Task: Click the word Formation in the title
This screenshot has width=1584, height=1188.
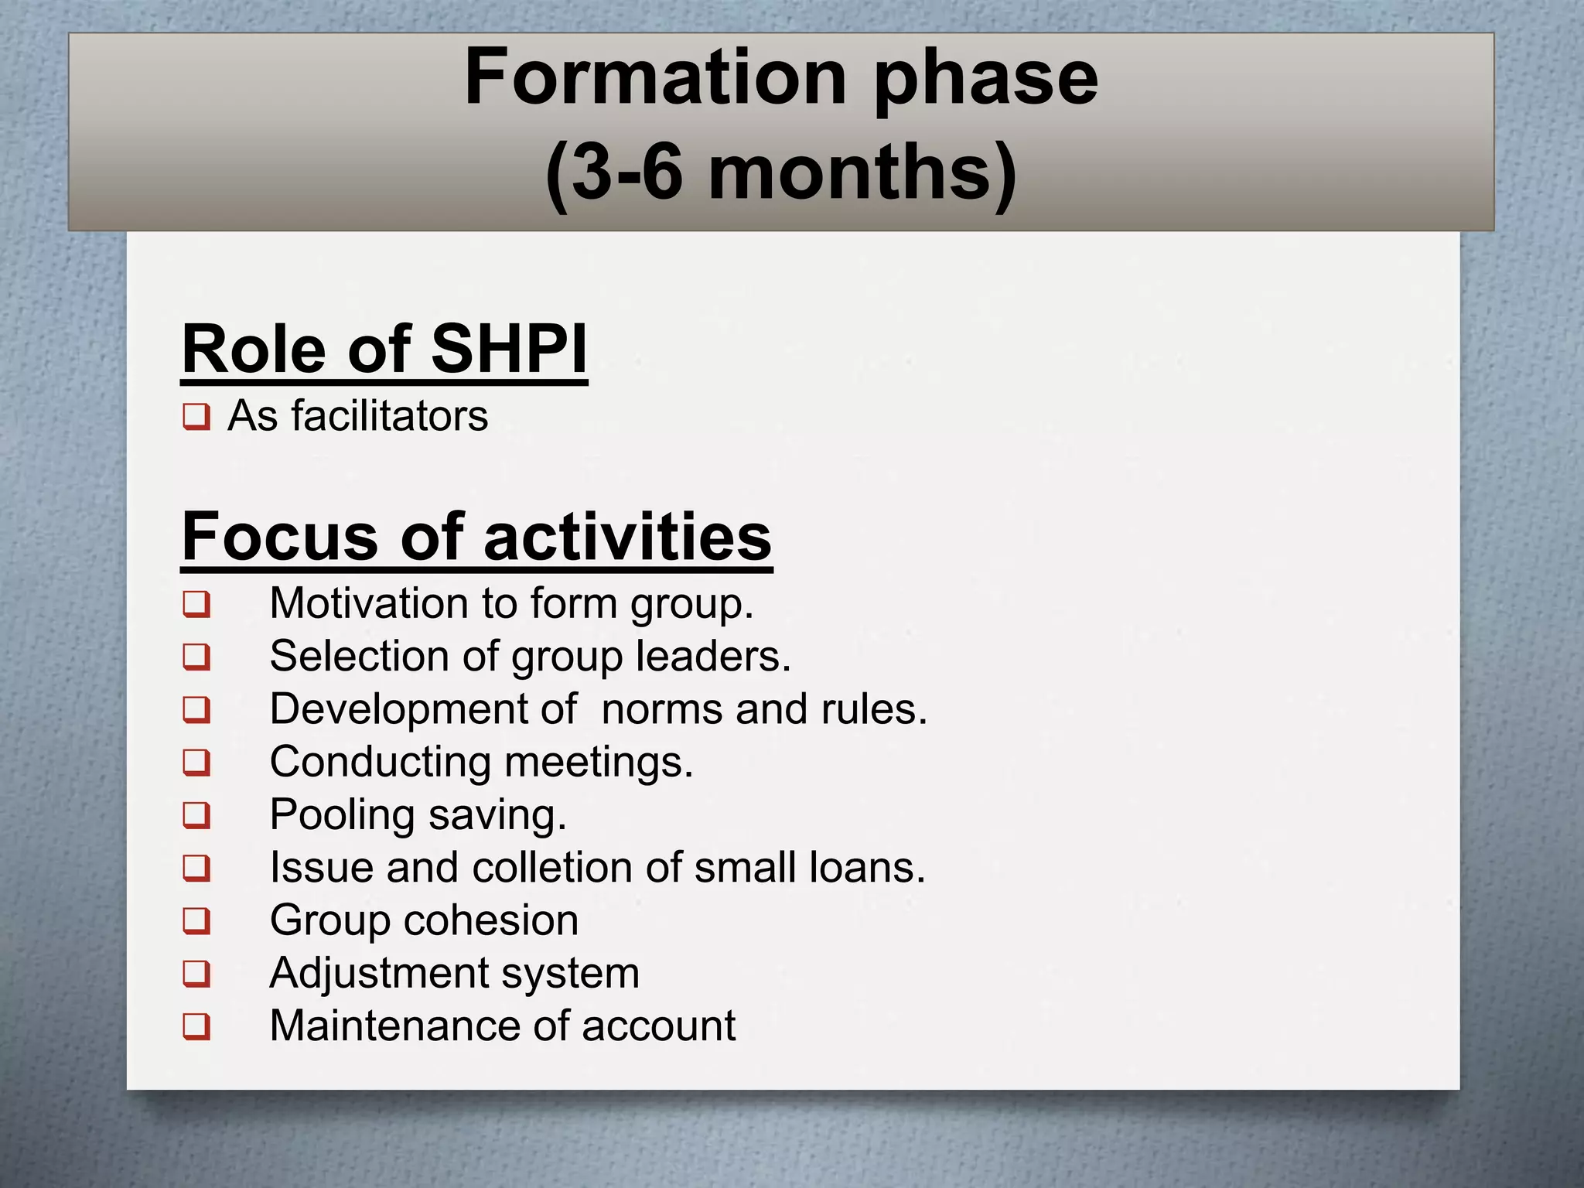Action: [x=655, y=78]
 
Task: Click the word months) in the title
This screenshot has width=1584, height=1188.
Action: [x=862, y=172]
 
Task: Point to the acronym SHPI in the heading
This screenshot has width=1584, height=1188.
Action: [x=508, y=349]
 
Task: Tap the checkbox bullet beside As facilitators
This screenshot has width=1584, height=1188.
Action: [x=196, y=418]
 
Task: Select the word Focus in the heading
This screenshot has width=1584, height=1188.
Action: [x=279, y=537]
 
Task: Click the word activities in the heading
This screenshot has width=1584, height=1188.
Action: [x=627, y=537]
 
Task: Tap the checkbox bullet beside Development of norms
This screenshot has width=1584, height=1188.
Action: [x=196, y=709]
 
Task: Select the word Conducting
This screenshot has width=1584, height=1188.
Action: [x=380, y=762]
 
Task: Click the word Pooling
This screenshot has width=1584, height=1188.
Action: [x=343, y=815]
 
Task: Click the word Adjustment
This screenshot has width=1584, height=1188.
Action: [x=378, y=973]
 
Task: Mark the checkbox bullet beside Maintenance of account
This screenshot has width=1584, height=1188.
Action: [x=196, y=1026]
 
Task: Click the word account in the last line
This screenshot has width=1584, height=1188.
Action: [x=658, y=1026]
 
